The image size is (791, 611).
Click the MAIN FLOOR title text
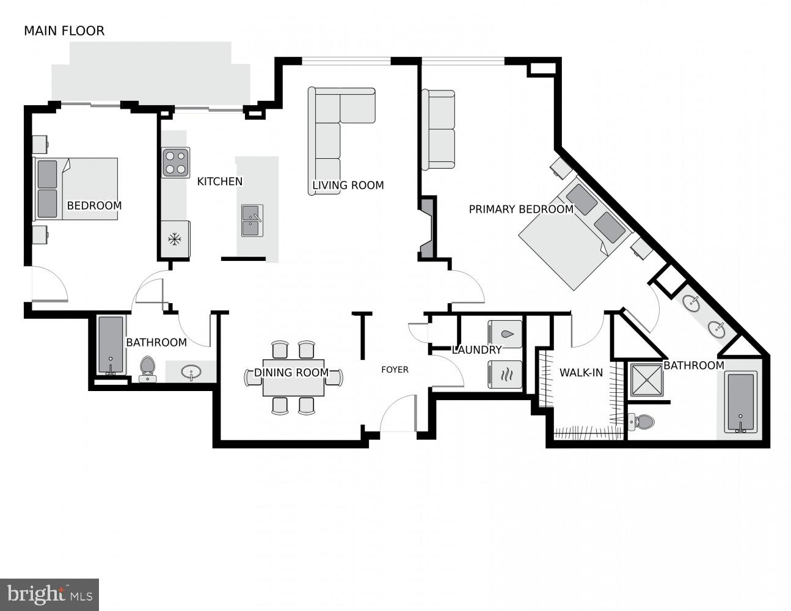pyautogui.click(x=64, y=31)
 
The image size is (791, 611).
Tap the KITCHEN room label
pyautogui.click(x=219, y=181)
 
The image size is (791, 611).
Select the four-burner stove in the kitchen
pyautogui.click(x=175, y=163)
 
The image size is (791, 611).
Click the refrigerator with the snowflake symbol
pyautogui.click(x=175, y=239)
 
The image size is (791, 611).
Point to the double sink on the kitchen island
pyautogui.click(x=252, y=221)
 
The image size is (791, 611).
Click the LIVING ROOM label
pyautogui.click(x=348, y=185)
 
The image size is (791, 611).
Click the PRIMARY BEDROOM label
pyautogui.click(x=520, y=210)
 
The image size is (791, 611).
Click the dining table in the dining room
pyautogui.click(x=293, y=378)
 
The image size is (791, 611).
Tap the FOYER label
pyautogui.click(x=395, y=370)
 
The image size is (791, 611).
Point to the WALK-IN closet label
pyautogui.click(x=581, y=373)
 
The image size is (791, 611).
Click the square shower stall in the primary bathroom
pyautogui.click(x=646, y=381)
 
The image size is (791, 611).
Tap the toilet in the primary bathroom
pyautogui.click(x=641, y=422)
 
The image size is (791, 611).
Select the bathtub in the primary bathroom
pyautogui.click(x=740, y=403)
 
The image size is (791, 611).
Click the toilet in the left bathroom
pyautogui.click(x=147, y=369)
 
